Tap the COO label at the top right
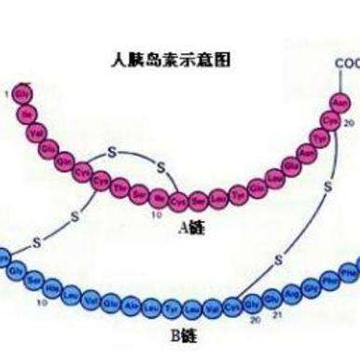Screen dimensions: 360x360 346,64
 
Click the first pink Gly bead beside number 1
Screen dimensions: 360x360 20,94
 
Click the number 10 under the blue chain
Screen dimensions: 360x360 41,303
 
